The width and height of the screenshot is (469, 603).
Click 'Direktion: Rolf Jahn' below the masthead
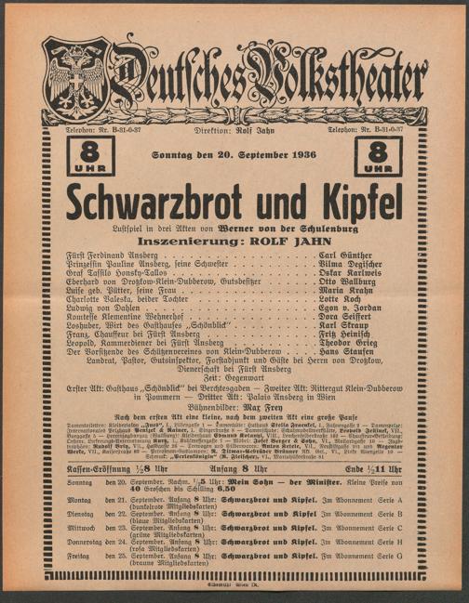[234, 131]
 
